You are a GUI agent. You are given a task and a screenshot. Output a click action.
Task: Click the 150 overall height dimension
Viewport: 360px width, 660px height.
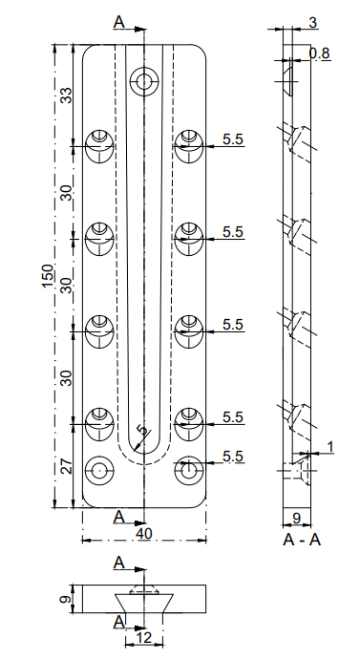pos(48,276)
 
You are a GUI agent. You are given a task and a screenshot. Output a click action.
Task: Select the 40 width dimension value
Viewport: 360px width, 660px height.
pos(144,533)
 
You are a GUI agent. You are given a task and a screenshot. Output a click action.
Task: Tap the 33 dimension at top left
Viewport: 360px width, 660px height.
pos(66,96)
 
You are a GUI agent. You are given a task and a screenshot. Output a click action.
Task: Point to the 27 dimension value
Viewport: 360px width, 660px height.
pos(66,465)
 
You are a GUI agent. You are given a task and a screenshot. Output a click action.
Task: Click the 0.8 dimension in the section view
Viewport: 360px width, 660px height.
pos(319,53)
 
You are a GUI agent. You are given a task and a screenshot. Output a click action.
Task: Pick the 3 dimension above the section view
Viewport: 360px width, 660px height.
pos(312,22)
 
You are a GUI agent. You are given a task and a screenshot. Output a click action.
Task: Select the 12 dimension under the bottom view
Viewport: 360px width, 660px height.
pos(144,637)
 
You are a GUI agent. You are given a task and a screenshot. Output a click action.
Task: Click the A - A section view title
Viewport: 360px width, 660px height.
pos(302,540)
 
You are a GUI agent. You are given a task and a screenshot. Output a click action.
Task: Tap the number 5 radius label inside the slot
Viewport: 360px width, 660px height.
pos(143,430)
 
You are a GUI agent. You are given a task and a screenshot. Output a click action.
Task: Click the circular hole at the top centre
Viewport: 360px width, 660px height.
pos(144,80)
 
